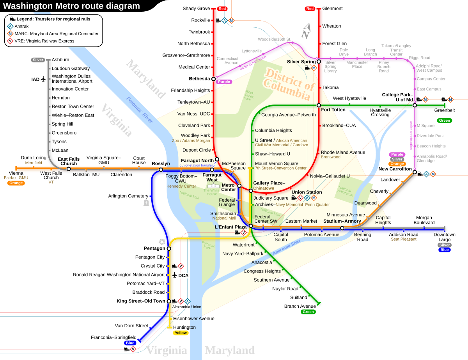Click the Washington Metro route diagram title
tap(72, 6)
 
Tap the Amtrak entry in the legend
tap(21, 26)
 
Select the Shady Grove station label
tap(196, 9)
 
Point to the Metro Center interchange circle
tap(239, 186)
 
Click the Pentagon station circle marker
tap(169, 248)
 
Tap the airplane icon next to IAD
tap(43, 79)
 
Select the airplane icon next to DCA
tap(174, 275)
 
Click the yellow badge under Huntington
tap(181, 333)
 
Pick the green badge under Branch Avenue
tap(308, 312)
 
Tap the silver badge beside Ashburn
tap(38, 60)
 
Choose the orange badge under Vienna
tap(16, 183)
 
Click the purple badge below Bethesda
tap(224, 82)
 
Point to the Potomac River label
tap(139, 110)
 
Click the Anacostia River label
tap(287, 247)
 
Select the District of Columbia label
tap(289, 84)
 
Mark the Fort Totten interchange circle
tap(319, 105)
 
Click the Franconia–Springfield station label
tap(113, 337)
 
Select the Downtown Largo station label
tap(444, 237)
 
